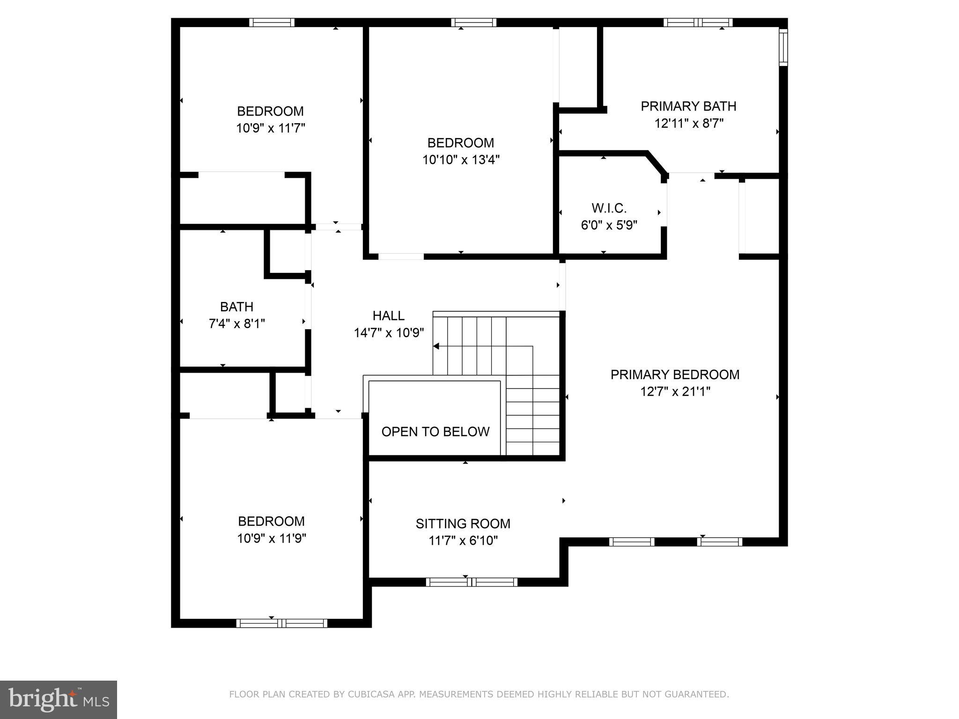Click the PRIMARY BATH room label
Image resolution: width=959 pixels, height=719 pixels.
click(688, 106)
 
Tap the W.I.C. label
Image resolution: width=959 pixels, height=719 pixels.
click(609, 208)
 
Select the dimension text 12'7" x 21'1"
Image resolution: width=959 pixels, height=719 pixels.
click(675, 391)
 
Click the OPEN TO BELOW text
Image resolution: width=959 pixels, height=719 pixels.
click(435, 432)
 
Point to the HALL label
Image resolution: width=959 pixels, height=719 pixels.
click(389, 315)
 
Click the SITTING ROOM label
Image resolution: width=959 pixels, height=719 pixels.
click(463, 523)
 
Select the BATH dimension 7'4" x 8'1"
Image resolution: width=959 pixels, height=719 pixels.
click(237, 323)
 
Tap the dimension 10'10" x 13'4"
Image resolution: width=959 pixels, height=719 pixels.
click(461, 160)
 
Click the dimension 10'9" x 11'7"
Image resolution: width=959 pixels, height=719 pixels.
click(271, 128)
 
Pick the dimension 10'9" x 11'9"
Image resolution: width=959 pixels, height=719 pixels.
click(272, 538)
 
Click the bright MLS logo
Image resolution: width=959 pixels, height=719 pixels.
click(59, 700)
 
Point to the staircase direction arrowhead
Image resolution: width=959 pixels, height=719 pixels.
click(436, 346)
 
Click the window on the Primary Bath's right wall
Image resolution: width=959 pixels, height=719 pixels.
click(783, 47)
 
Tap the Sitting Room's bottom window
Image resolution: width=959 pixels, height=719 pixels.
click(472, 582)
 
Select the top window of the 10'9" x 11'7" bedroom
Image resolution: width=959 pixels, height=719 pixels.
click(272, 22)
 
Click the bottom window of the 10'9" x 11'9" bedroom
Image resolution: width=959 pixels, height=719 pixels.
click(281, 623)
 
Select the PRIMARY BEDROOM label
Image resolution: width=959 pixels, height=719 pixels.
click(675, 374)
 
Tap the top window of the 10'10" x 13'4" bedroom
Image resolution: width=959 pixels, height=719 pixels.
click(473, 22)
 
